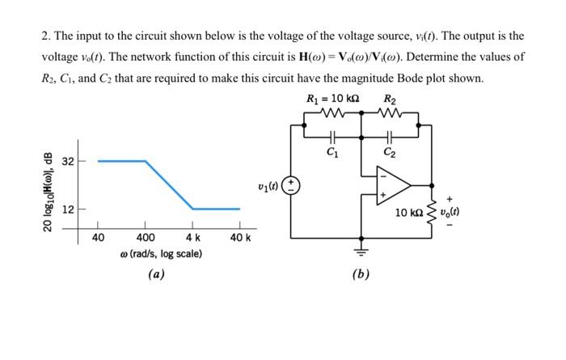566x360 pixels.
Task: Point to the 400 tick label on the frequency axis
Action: pos(146,237)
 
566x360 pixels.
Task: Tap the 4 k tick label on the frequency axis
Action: pos(193,237)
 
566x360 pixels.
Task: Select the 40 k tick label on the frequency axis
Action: pos(241,237)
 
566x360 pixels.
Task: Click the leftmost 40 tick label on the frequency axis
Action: pos(98,237)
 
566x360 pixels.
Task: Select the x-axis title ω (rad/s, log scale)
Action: pos(160,254)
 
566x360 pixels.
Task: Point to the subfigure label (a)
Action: pos(157,274)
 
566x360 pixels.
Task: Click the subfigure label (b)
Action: pos(361,274)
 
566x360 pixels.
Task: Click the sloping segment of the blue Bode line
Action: pos(169,184)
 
